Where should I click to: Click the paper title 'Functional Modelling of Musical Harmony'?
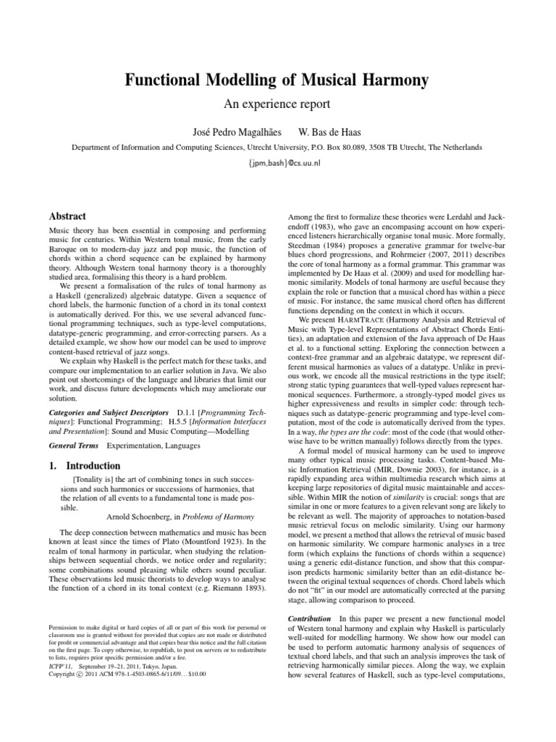tap(278, 80)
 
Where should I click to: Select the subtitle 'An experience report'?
tap(278, 104)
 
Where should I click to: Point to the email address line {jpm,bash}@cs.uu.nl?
tap(278, 163)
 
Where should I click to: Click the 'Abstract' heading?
tap(67, 216)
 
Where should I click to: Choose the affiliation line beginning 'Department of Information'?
tap(278, 147)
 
